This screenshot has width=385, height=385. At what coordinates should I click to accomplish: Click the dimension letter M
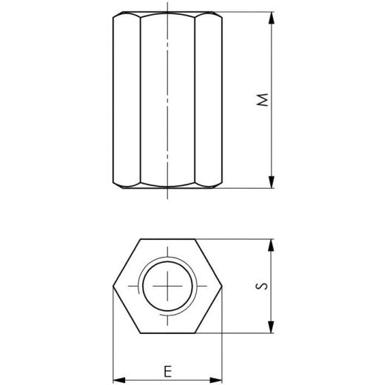coord(261,101)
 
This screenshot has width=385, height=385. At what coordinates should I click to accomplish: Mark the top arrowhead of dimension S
coord(272,245)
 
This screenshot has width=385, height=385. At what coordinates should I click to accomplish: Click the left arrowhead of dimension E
coord(117,378)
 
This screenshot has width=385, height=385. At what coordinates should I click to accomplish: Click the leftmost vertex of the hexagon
coord(113,287)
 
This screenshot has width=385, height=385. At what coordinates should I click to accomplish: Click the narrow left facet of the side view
coord(127,101)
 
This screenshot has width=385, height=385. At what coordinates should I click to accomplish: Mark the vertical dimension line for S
coord(272,311)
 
